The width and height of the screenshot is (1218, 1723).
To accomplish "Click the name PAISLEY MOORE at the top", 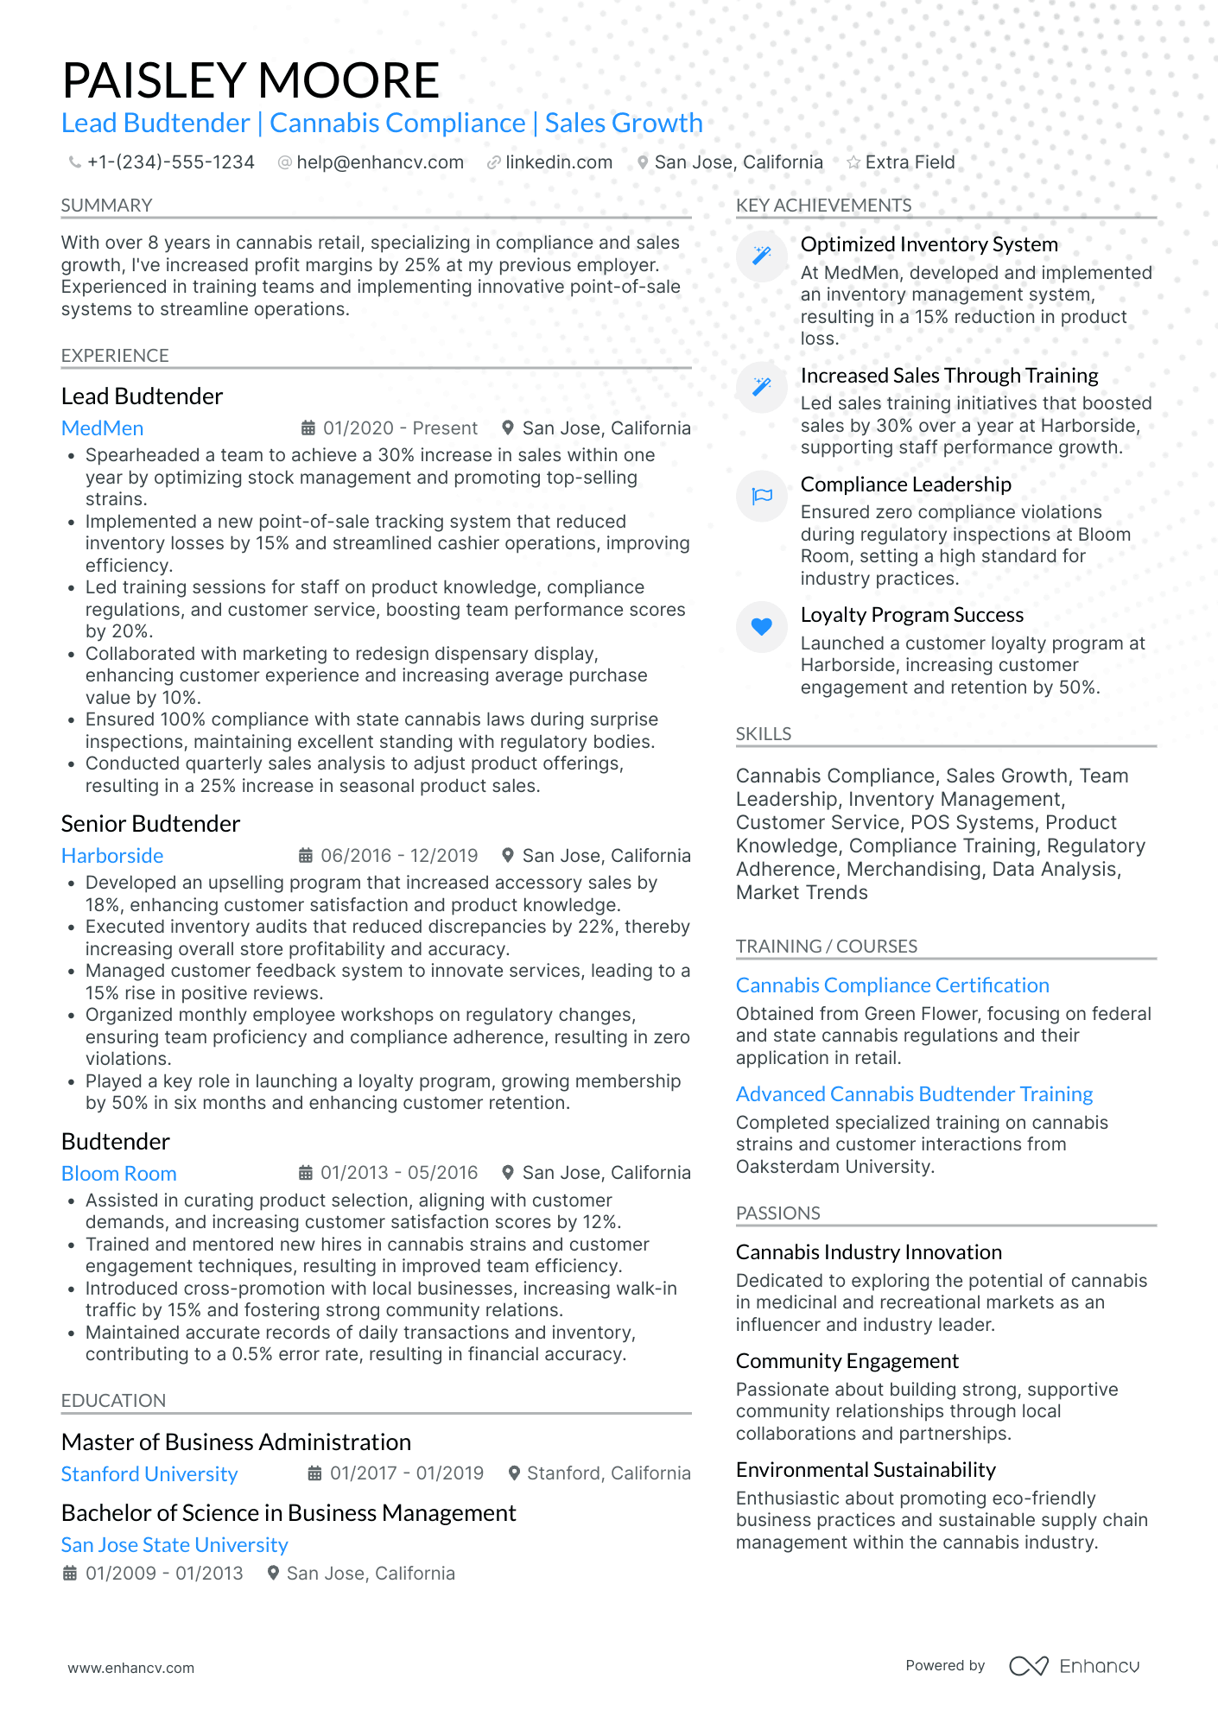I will tap(251, 80).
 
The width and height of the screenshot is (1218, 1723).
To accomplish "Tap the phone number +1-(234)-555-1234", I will tap(170, 162).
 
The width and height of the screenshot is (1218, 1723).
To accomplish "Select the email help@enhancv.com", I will tap(379, 162).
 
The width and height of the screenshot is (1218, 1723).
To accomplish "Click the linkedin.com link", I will tap(558, 162).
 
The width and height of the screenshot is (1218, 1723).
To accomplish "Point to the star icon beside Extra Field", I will tap(853, 162).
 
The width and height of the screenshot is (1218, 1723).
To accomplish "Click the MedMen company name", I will tap(102, 428).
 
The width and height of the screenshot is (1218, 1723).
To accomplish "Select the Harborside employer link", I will tap(112, 856).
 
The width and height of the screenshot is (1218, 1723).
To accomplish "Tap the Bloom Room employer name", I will tap(118, 1174).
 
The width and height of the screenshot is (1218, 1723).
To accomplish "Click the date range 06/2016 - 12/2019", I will tap(398, 856).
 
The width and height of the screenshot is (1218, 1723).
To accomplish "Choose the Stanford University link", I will tap(149, 1474).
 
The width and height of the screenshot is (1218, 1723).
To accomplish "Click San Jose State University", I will tap(174, 1545).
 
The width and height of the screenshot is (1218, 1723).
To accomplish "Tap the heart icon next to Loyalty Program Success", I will tap(761, 626).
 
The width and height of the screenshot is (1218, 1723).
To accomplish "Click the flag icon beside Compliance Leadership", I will tap(761, 496).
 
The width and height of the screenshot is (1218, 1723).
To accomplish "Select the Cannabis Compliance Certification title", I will tap(892, 985).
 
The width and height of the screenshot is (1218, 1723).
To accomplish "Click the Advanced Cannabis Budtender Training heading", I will tap(914, 1094).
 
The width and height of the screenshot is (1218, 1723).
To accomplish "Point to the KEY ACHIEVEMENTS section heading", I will tap(823, 206).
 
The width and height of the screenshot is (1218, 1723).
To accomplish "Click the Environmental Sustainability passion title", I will tap(866, 1470).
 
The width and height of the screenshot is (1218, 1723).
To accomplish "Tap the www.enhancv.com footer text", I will tap(131, 1668).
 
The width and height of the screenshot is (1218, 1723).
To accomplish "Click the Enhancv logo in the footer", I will tap(1074, 1666).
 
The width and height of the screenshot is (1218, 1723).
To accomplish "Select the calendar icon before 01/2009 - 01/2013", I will tap(70, 1574).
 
